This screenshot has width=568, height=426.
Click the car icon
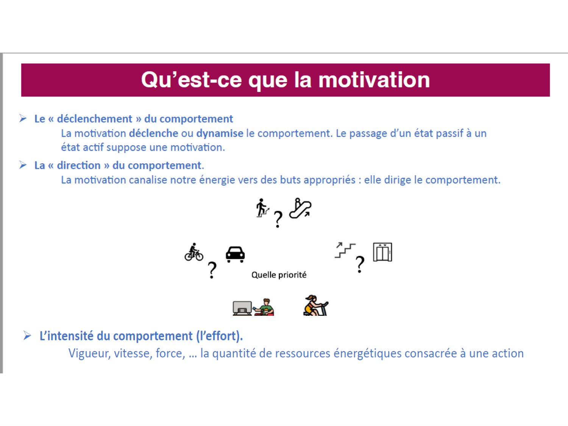click(235, 254)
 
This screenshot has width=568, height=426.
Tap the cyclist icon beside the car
click(194, 252)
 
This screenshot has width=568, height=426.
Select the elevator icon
click(382, 252)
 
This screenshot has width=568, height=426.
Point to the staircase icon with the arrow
click(345, 250)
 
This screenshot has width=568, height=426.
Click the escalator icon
click(300, 208)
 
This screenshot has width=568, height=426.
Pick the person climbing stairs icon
click(262, 208)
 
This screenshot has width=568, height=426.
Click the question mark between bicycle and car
click(212, 270)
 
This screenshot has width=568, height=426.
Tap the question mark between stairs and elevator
click(360, 264)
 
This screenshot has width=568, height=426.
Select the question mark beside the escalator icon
click(278, 219)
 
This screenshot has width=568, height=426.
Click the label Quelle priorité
click(279, 275)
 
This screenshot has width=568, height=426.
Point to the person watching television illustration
click(253, 307)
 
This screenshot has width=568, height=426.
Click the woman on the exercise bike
click(315, 306)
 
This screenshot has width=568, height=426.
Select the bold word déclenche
click(153, 133)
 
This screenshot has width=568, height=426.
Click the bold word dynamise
click(220, 133)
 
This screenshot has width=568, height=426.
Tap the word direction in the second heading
click(79, 165)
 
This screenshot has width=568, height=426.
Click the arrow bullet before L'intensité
click(27, 335)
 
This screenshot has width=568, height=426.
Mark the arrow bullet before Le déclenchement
click(23, 119)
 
